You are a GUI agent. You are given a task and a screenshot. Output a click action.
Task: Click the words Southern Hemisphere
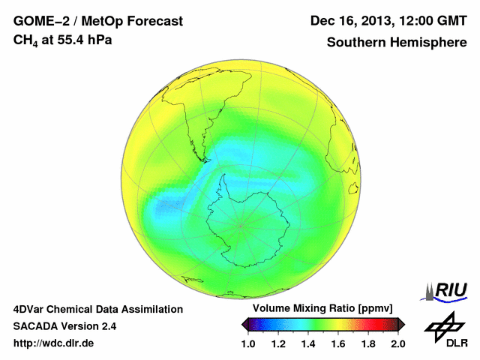point(397,42)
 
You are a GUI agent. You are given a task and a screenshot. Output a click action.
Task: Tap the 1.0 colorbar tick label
point(248,343)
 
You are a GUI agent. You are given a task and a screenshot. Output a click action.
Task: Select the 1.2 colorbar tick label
point(278,343)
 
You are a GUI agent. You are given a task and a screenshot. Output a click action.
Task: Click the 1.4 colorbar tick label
point(308,343)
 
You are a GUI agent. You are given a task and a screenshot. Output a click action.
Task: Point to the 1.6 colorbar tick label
point(338,343)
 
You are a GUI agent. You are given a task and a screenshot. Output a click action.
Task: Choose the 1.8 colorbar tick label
point(368,343)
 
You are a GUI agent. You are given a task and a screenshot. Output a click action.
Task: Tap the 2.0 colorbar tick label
point(398,343)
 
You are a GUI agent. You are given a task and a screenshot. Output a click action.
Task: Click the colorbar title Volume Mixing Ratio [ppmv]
point(319,309)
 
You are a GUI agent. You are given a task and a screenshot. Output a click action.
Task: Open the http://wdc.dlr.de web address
point(54,343)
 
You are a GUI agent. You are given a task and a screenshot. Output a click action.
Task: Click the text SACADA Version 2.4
point(64,326)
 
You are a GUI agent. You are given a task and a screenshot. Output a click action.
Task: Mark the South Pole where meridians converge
point(241,224)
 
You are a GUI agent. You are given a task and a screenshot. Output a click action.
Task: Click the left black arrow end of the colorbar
point(245,324)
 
